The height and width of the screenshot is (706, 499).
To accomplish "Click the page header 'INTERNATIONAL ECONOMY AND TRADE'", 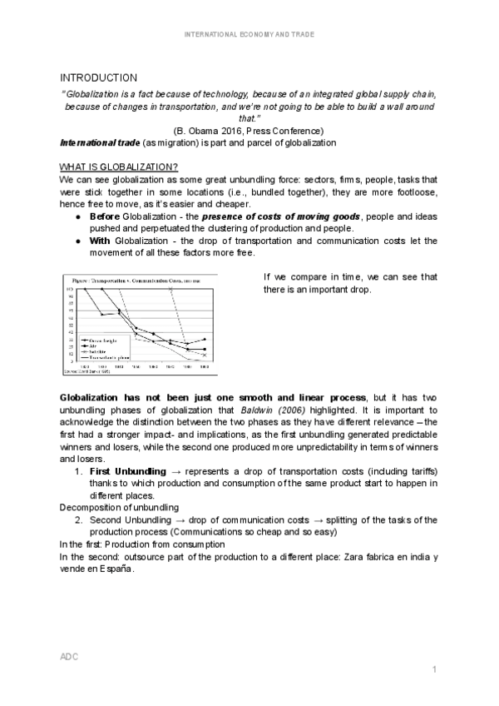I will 249,34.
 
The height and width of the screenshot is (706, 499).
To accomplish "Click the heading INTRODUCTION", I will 98,77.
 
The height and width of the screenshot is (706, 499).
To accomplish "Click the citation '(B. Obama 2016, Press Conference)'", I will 249,131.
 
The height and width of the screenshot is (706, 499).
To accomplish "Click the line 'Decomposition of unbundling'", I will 114,507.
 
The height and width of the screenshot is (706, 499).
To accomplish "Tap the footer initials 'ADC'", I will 69,657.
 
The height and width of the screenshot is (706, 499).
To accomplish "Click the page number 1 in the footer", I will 434,670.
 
